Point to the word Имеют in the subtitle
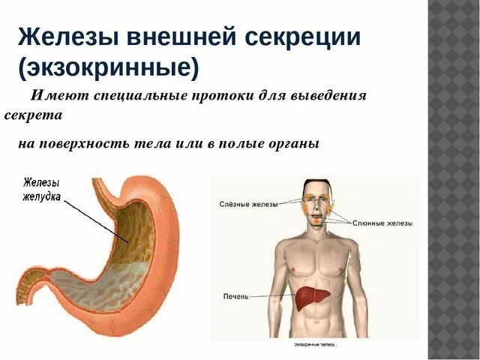point(52,97)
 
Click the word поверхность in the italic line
point(96,143)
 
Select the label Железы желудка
point(42,189)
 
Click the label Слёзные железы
point(248,203)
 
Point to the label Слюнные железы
point(382,223)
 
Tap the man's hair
point(317,184)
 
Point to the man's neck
point(317,229)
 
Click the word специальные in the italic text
point(127,97)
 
